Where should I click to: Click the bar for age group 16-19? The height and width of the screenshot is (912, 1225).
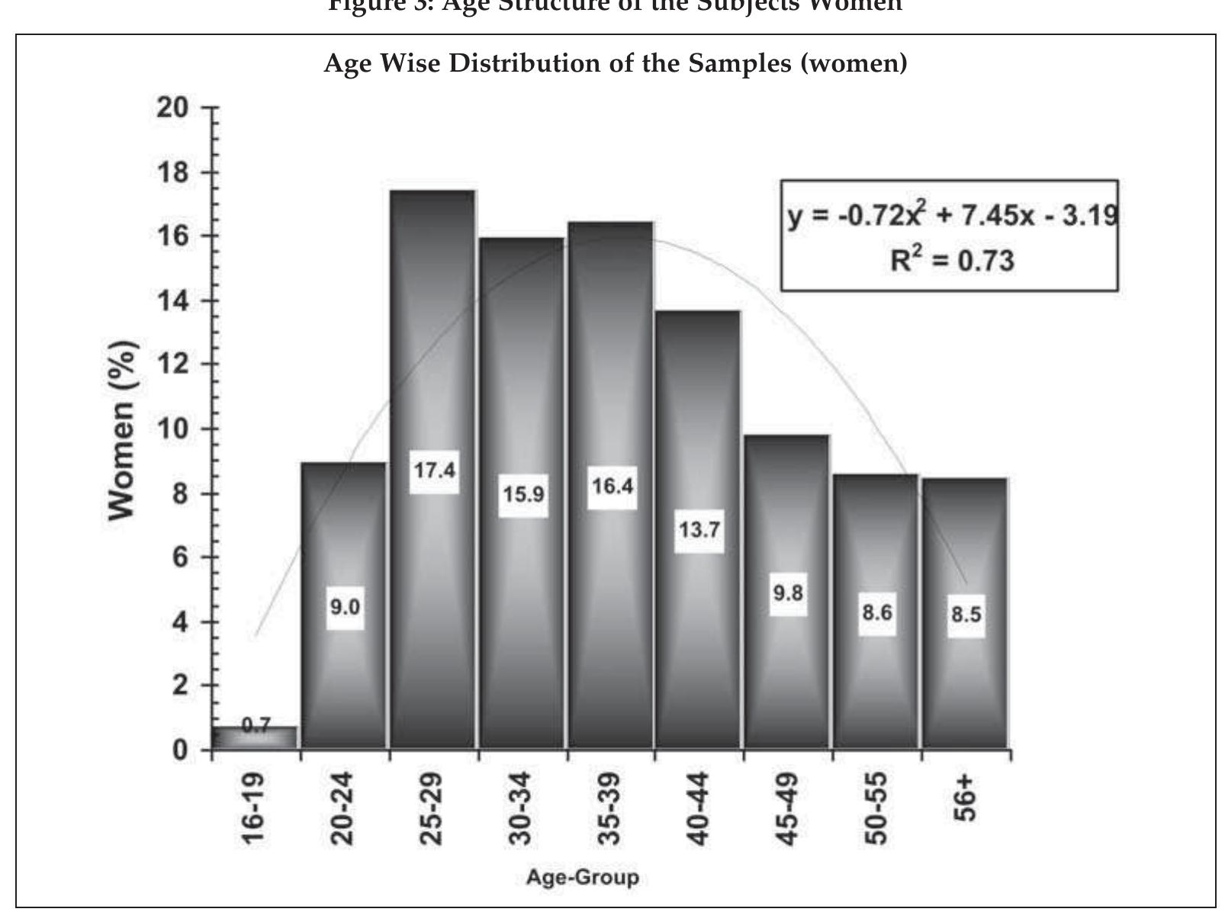tap(255, 737)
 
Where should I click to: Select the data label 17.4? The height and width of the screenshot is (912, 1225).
tap(434, 470)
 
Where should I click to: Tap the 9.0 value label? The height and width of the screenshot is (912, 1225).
tap(345, 608)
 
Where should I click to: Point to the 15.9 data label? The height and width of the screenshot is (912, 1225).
tap(523, 495)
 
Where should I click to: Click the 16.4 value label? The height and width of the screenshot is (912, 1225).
tap(612, 486)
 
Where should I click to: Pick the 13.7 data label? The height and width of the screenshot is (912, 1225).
tap(699, 529)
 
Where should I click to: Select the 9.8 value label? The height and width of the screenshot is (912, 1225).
tap(788, 592)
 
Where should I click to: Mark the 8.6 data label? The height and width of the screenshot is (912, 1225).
tap(877, 612)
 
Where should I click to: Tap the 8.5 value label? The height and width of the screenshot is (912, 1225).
tap(966, 615)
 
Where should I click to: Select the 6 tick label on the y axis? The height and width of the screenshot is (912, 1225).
tap(179, 557)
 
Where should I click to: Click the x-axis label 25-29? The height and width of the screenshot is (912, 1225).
tap(432, 808)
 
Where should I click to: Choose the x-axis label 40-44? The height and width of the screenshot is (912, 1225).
tap(699, 808)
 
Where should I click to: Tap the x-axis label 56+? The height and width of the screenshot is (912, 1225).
tap(965, 798)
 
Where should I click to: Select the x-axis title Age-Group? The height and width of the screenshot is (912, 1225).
tap(582, 878)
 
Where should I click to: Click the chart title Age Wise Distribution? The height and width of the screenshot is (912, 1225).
tap(616, 63)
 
